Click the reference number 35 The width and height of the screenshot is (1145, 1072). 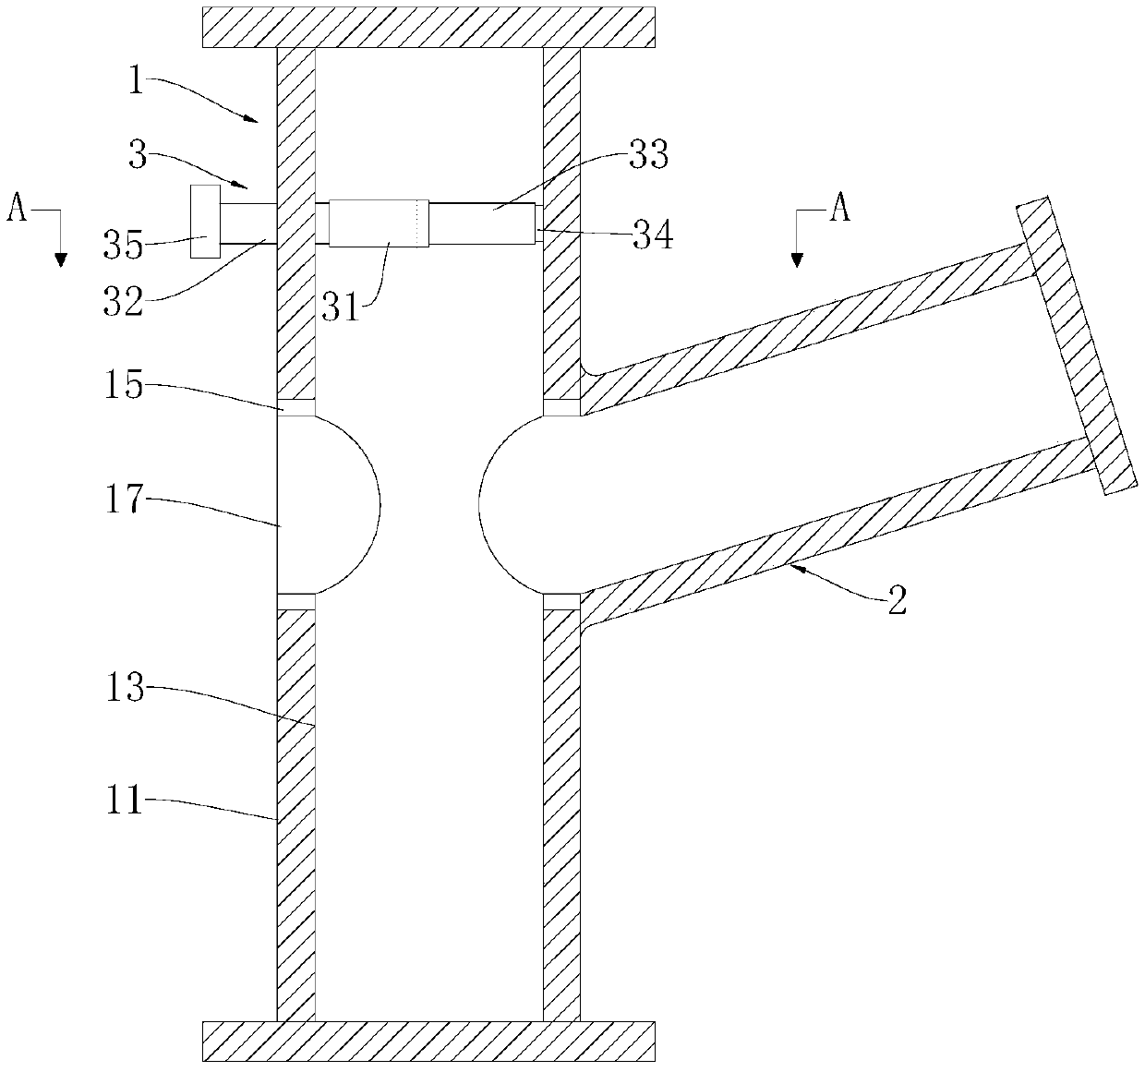tap(124, 247)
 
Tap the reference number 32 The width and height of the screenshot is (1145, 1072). tap(125, 302)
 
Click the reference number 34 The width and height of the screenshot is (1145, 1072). tap(652, 236)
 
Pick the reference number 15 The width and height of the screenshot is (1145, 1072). tap(124, 386)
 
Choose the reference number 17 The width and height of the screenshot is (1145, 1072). tap(124, 500)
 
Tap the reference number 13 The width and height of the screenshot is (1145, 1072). tap(125, 688)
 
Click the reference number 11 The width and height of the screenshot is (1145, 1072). tap(124, 801)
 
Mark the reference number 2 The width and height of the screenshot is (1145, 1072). tap(896, 602)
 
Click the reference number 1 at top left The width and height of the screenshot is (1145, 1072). tap(136, 83)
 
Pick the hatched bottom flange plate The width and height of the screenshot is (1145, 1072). tap(429, 1041)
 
